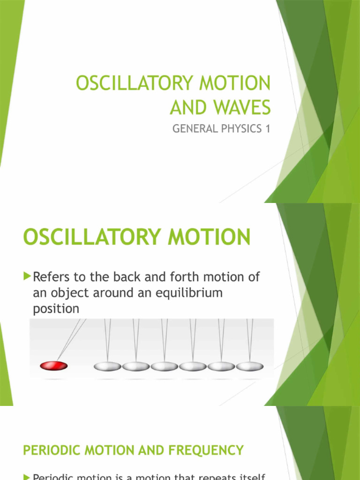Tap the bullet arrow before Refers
point(27,276)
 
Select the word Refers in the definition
point(51,277)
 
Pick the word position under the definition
point(56,309)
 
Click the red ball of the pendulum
point(54,365)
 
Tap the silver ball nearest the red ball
point(107,366)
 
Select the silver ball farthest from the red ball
point(249,366)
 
